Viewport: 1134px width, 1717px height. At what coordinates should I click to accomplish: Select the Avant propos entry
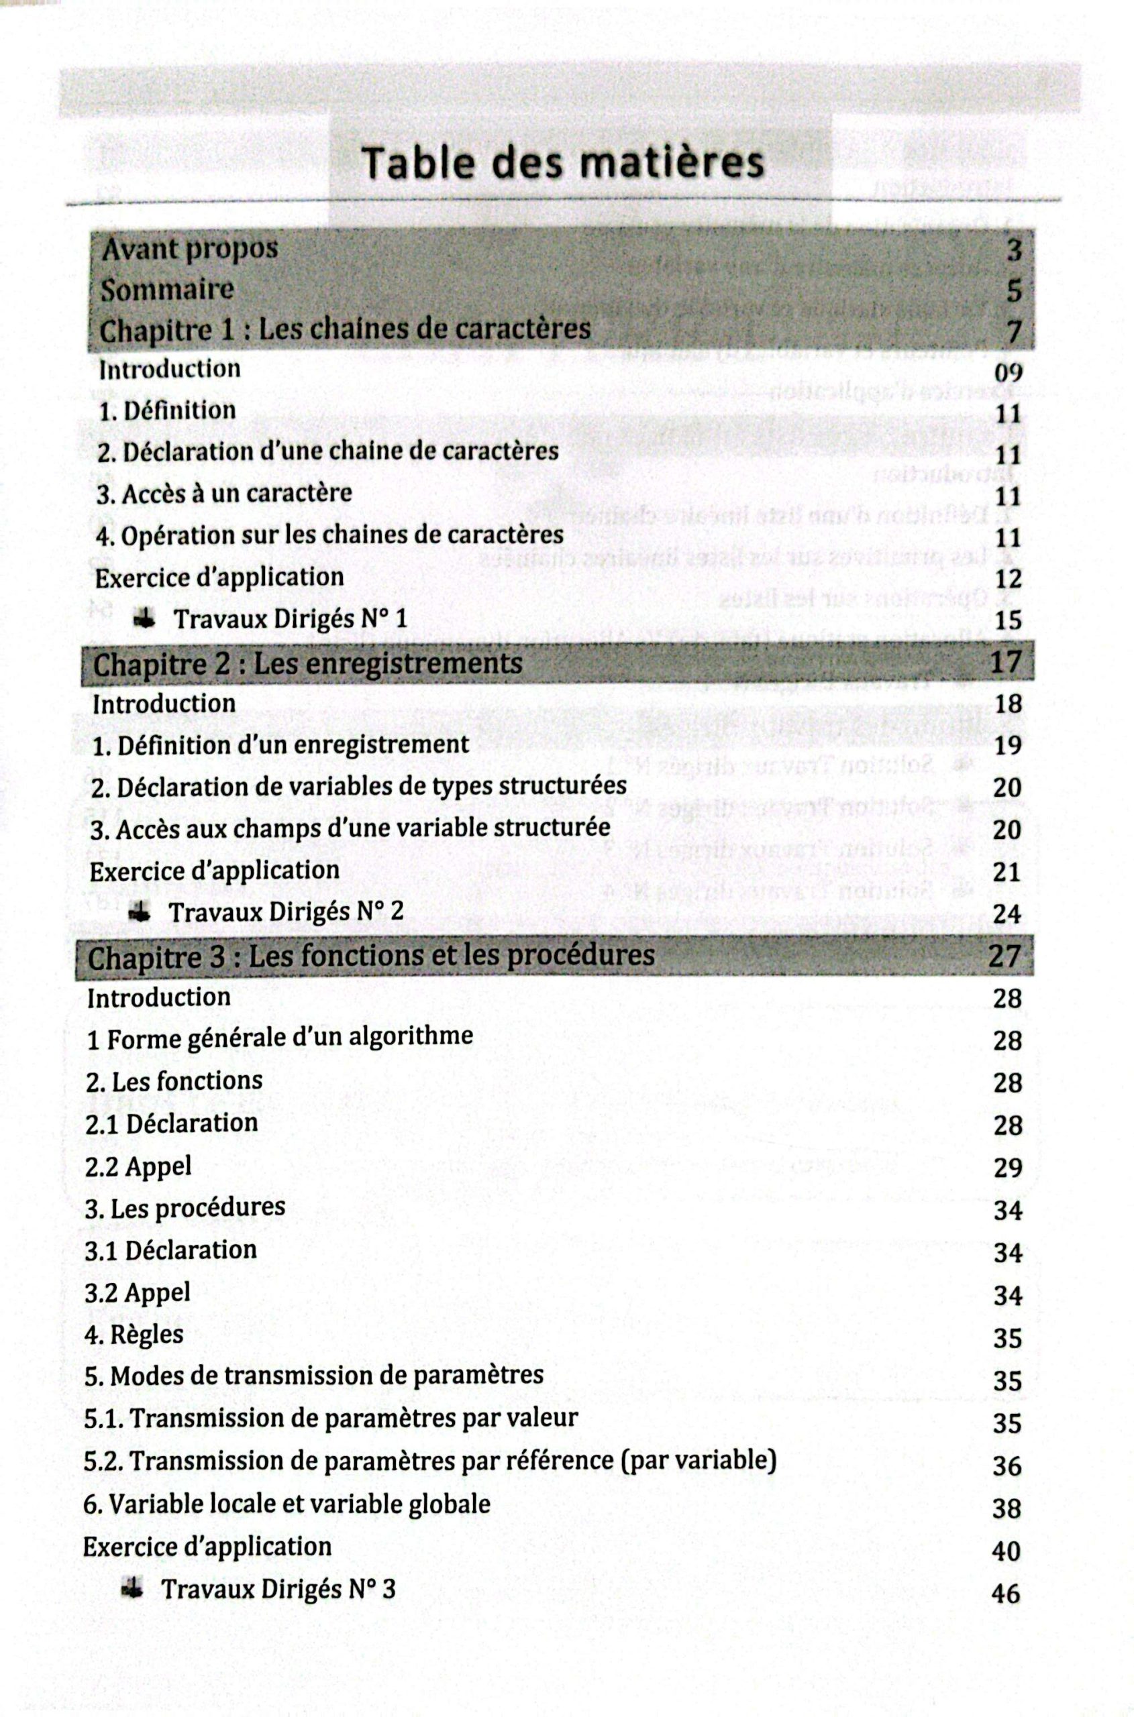(x=189, y=250)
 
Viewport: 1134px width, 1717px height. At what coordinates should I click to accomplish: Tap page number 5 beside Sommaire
(x=1014, y=290)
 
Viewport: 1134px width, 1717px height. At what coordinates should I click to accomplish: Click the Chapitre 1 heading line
(x=345, y=331)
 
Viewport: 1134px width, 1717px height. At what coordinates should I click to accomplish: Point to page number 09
(x=1008, y=373)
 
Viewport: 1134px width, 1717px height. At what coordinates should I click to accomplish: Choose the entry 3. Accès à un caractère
(x=224, y=494)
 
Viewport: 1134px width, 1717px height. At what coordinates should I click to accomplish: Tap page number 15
(x=1007, y=620)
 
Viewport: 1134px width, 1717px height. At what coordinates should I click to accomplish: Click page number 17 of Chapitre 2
(x=1006, y=662)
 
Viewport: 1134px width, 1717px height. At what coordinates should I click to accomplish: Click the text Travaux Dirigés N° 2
(x=287, y=911)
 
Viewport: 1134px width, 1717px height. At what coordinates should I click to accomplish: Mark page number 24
(x=1007, y=915)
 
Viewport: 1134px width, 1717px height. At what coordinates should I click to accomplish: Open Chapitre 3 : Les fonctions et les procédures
(x=371, y=956)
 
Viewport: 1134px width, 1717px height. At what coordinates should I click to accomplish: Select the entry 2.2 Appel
(x=138, y=1166)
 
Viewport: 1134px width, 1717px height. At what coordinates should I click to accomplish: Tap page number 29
(x=1007, y=1168)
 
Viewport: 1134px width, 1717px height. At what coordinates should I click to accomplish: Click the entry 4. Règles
(x=134, y=1335)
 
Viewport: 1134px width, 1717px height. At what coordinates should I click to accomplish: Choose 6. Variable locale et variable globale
(x=287, y=1504)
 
